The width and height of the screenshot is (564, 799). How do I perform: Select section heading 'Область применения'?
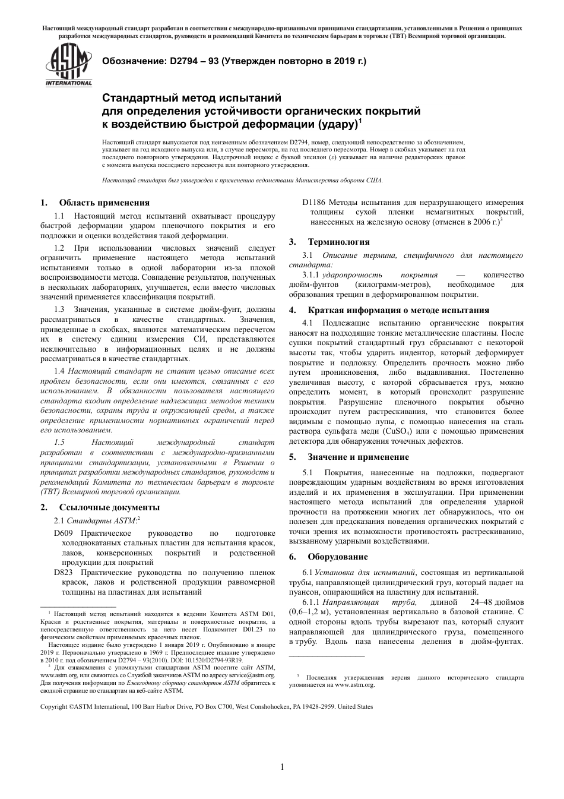[104, 203]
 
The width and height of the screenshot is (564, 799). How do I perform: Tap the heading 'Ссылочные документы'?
[109, 507]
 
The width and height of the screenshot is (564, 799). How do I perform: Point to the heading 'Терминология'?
[338, 242]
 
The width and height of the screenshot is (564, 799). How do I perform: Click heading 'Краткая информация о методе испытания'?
[398, 310]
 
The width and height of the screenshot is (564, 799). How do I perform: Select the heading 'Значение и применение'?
[366, 457]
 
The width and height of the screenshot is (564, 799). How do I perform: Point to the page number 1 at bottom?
[282, 767]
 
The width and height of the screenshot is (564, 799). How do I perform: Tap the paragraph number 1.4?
[59, 371]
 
